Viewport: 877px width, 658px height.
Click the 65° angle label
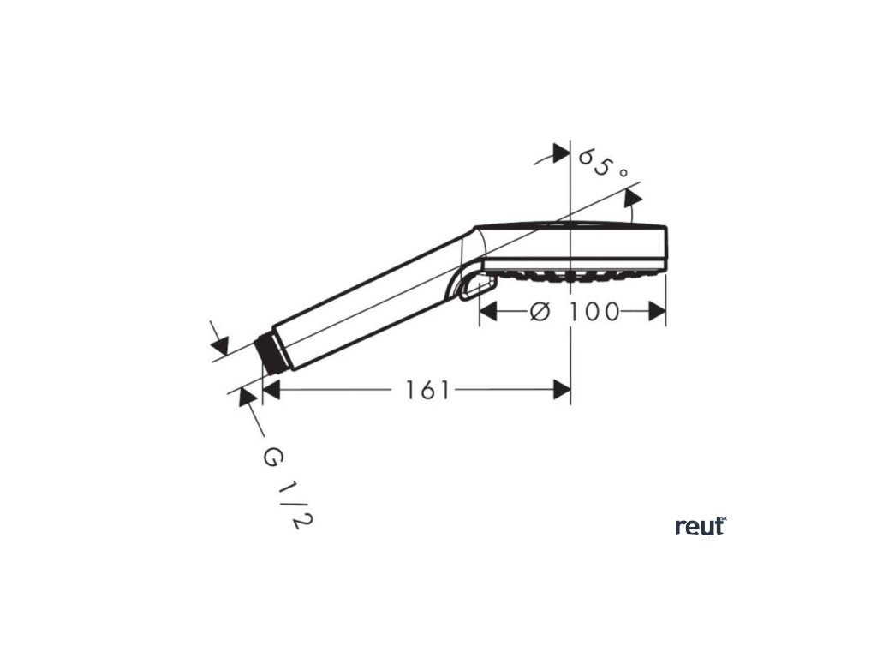click(x=603, y=162)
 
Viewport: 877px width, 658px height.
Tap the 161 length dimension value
click(x=427, y=391)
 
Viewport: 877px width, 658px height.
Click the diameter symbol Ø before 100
click(x=540, y=312)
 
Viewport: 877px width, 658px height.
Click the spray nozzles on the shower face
click(x=574, y=276)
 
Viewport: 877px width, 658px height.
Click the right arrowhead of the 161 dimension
click(x=562, y=391)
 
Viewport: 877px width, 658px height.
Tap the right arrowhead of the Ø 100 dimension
click(x=657, y=312)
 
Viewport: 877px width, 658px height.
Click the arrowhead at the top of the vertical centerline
click(x=561, y=153)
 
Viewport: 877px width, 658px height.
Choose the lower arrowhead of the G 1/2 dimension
click(x=247, y=397)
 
